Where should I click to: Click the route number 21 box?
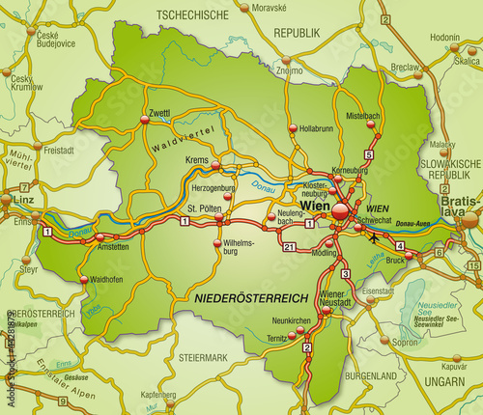point(289,248)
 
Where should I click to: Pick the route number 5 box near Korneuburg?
point(368,154)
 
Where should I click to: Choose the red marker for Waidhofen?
point(78,280)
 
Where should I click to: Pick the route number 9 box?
point(61,401)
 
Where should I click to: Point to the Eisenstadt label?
point(379,290)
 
